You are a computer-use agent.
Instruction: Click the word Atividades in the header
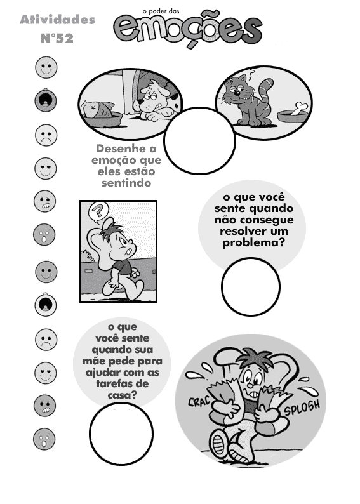tap(58, 20)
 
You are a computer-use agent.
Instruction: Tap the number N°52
tap(57, 38)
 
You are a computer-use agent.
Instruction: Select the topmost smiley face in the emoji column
tap(46, 67)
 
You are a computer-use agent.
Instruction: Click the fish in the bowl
tap(98, 109)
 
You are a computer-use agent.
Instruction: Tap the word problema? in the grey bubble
tap(253, 242)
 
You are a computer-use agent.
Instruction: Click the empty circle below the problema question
tap(251, 287)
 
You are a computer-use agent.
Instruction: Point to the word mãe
tap(94, 362)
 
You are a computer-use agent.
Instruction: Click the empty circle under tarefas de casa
tap(121, 434)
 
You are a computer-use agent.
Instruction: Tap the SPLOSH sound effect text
tap(302, 408)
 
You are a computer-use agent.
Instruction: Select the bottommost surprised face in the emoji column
tap(44, 439)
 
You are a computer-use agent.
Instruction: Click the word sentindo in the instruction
tap(126, 183)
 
